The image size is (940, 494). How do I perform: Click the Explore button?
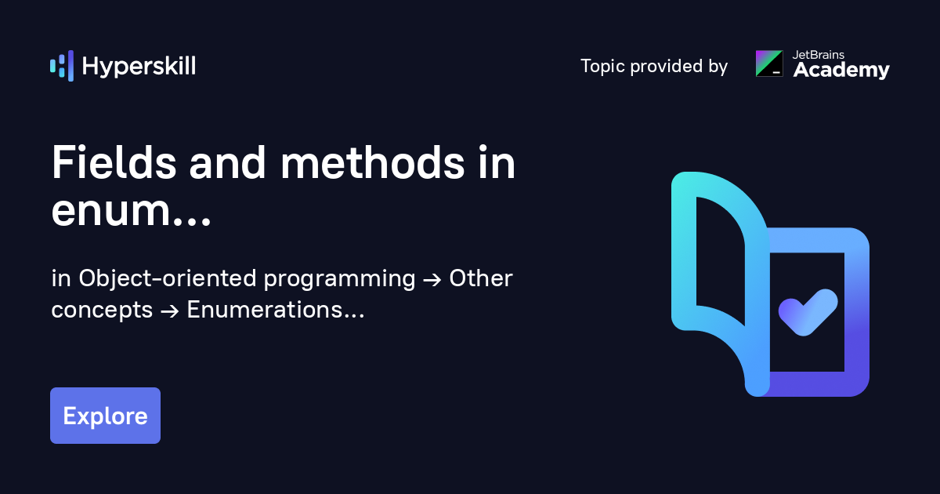[105, 416]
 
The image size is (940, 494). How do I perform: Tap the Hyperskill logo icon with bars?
[62, 66]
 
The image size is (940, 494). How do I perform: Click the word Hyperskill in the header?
[139, 67]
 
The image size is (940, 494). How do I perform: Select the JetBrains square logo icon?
[769, 64]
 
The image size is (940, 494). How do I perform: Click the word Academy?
[841, 70]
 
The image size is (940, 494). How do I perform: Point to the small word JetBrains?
[818, 55]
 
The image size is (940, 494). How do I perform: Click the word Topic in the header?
[602, 67]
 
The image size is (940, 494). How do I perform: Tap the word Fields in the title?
[114, 162]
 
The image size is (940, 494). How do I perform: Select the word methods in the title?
[372, 162]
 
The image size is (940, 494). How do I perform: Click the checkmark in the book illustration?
[808, 312]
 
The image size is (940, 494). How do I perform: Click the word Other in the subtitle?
[481, 278]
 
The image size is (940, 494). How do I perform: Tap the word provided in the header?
[667, 67]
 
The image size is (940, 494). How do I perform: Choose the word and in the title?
[227, 162]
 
